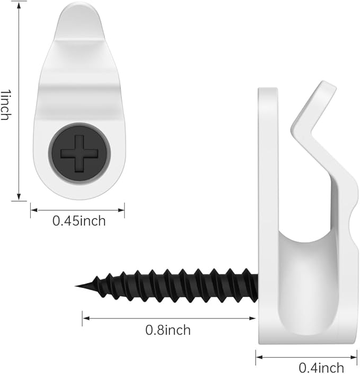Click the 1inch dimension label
(6, 104)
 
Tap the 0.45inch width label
(79, 221)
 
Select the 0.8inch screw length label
(168, 331)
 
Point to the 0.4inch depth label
(321, 368)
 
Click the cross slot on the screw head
(79, 154)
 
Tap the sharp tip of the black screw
(76, 286)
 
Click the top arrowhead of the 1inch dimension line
(19, 5)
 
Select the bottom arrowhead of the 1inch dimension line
(19, 197)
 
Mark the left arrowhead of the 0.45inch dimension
(34, 210)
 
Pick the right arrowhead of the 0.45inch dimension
(121, 210)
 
